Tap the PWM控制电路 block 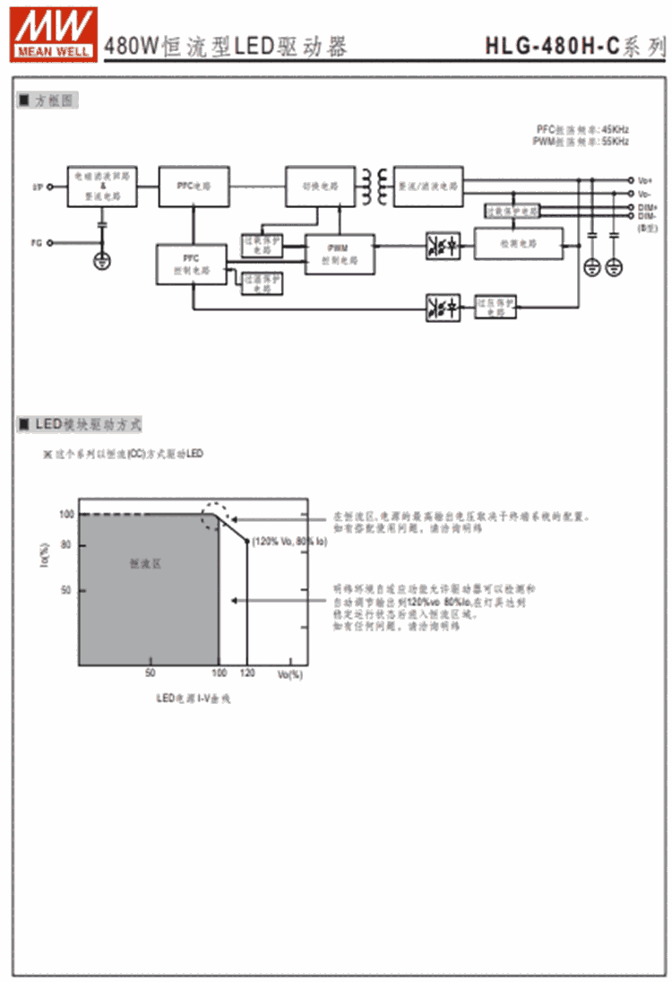tap(340, 253)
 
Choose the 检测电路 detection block tap(519, 244)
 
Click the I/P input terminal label tap(37, 187)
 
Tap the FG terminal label tap(37, 242)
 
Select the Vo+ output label tap(645, 180)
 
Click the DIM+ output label tap(647, 208)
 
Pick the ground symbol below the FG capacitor tap(102, 261)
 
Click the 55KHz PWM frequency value tap(615, 141)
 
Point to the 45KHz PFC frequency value tap(615, 129)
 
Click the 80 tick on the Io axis tap(65, 544)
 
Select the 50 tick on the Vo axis tap(150, 673)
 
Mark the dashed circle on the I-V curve tap(219, 517)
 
